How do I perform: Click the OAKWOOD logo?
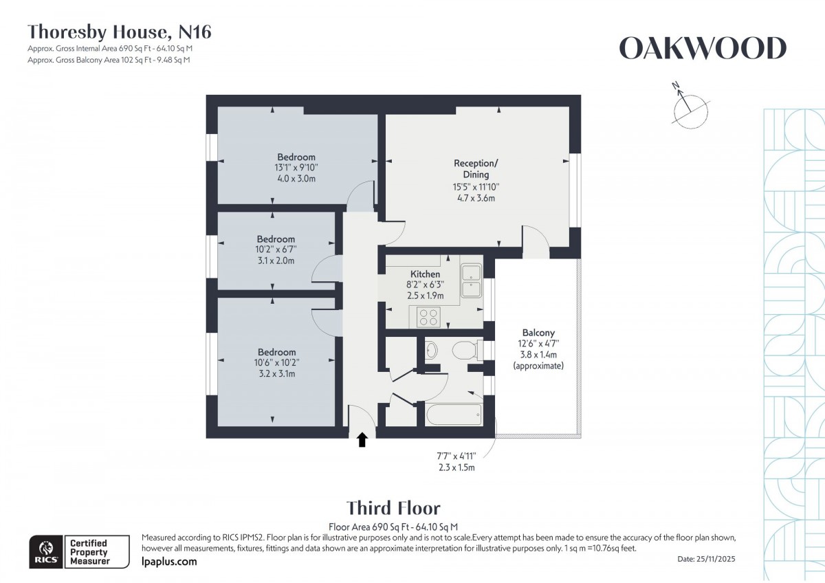(702, 49)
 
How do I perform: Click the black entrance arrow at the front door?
(363, 439)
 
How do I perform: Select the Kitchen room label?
(425, 274)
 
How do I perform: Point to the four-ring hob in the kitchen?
(429, 317)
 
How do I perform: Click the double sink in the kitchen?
(472, 280)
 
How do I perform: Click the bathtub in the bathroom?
(453, 415)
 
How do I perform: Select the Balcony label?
(538, 333)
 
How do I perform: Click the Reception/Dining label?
(474, 169)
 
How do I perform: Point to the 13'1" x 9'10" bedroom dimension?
(296, 167)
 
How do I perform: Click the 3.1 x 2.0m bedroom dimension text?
(276, 261)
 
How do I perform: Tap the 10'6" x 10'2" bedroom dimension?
(276, 363)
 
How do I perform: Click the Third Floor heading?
(393, 508)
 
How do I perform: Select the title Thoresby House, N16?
(119, 31)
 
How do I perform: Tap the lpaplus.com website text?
(168, 562)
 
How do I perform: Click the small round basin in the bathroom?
(432, 350)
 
